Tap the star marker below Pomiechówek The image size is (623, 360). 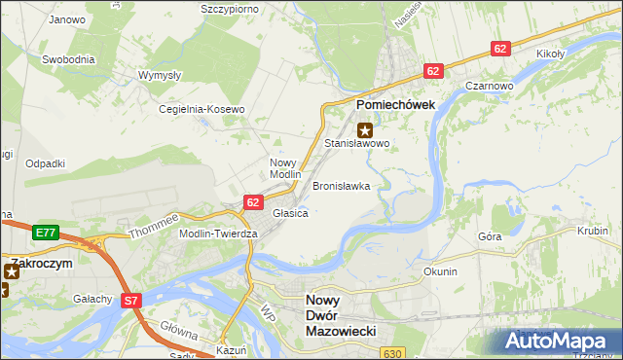click(365, 129)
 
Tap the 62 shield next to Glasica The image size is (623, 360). click(253, 201)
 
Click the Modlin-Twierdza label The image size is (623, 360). click(218, 234)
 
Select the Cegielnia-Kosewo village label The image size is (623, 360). click(202, 109)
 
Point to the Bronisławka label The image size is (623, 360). click(341, 185)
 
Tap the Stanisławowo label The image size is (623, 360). click(356, 143)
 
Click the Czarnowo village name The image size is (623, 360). click(489, 85)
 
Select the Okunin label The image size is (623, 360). click(440, 271)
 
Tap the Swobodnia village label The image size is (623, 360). click(68, 59)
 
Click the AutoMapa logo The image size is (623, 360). click(561, 342)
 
